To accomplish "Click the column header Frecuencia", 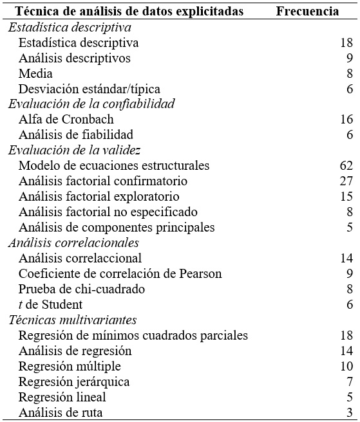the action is click(x=308, y=12).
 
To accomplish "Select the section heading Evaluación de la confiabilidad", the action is click(x=91, y=104).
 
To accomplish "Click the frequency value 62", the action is click(x=346, y=166).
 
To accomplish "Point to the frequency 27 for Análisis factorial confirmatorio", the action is click(x=346, y=181).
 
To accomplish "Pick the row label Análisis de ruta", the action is click(x=61, y=412).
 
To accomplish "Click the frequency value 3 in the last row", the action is click(x=349, y=412).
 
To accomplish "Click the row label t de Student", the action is click(x=50, y=304).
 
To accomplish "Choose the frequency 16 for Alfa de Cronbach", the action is click(x=346, y=120).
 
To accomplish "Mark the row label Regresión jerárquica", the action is click(x=74, y=381).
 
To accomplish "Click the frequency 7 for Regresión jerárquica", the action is click(x=349, y=381).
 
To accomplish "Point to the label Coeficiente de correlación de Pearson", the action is click(x=120, y=273).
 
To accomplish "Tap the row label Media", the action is click(x=35, y=73).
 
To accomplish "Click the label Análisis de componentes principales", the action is click(x=117, y=227).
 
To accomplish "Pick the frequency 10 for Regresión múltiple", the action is click(x=346, y=366).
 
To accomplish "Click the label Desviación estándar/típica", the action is click(x=90, y=89).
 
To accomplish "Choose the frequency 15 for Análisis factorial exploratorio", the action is click(x=346, y=197).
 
